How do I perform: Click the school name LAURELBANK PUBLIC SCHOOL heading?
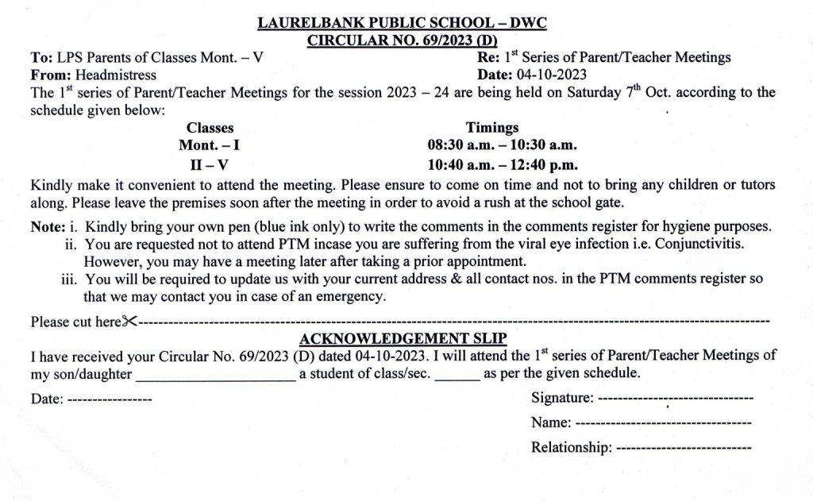(x=403, y=25)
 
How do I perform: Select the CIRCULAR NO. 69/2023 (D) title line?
(x=403, y=40)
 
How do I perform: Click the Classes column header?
(x=210, y=128)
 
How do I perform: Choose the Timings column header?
(x=492, y=128)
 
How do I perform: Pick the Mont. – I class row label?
(x=210, y=146)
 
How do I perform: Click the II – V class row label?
(x=210, y=166)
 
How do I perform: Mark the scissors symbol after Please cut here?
(x=131, y=322)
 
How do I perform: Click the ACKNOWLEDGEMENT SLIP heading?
(x=403, y=340)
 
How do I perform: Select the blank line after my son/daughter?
(x=216, y=375)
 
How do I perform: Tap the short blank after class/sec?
(x=457, y=375)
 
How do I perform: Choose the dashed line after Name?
(x=662, y=422)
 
